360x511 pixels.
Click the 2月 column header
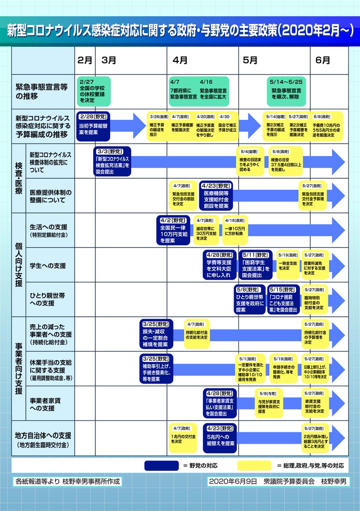coord(85,60)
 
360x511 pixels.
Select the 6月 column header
coord(323,60)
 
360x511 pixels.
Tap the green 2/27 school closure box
coord(94,91)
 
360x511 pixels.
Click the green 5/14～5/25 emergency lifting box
coord(286,91)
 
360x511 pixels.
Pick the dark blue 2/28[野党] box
coord(93,126)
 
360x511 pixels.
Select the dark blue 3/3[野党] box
coord(112,161)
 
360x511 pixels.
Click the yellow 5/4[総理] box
coord(250,161)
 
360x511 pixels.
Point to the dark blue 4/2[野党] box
coord(173,230)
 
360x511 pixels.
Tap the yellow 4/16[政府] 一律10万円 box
coord(235,230)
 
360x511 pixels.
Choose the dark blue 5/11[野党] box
coord(256,265)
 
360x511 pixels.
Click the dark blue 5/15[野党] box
coord(283,299)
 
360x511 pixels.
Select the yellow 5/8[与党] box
coord(269,403)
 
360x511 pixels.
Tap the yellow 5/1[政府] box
coord(250,369)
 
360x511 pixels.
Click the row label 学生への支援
coord(48,266)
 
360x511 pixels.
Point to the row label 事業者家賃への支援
coord(45,404)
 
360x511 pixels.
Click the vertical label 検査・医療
coord(19,178)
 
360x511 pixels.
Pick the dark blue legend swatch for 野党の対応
coord(161,465)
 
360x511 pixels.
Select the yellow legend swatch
coord(254,465)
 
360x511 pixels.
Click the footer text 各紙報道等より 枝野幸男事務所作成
coord(68,481)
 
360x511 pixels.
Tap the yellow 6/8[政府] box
coord(326,126)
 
